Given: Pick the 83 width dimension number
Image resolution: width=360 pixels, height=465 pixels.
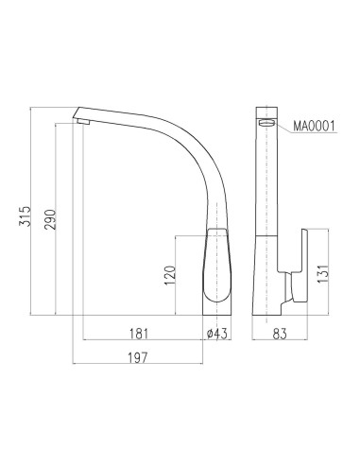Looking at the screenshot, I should coord(280,332).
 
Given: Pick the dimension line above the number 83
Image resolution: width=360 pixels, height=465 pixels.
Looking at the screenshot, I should coord(280,339).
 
